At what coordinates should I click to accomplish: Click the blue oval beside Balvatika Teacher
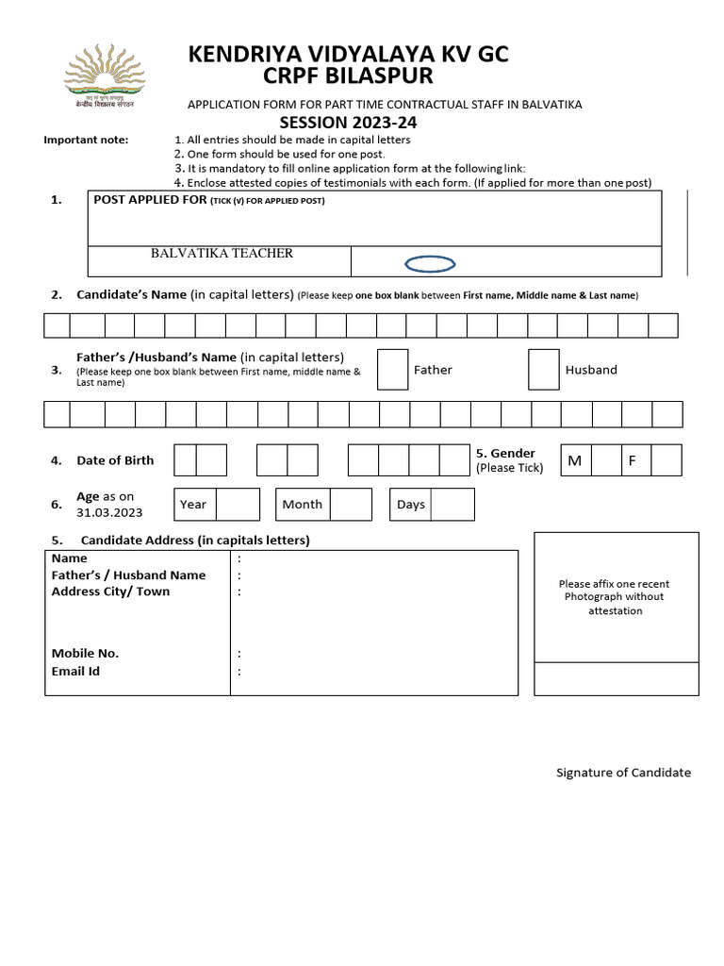430,264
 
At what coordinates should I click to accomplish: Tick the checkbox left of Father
392,370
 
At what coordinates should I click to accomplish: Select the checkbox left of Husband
543,370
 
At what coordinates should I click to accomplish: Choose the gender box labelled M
575,460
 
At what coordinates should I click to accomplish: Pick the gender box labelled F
633,460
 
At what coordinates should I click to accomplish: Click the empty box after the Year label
238,505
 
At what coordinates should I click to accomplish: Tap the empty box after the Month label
351,505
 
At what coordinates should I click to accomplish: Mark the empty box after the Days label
452,505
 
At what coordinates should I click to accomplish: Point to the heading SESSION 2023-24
348,124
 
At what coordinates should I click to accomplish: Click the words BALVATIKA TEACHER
222,253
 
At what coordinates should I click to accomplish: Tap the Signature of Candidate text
623,773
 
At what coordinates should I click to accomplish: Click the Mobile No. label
85,653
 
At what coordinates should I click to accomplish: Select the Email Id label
75,671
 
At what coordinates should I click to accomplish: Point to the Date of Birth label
115,460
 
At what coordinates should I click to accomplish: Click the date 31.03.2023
109,512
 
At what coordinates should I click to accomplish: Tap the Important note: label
86,141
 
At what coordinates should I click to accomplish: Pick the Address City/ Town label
110,591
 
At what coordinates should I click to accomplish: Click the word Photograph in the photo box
601,597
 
